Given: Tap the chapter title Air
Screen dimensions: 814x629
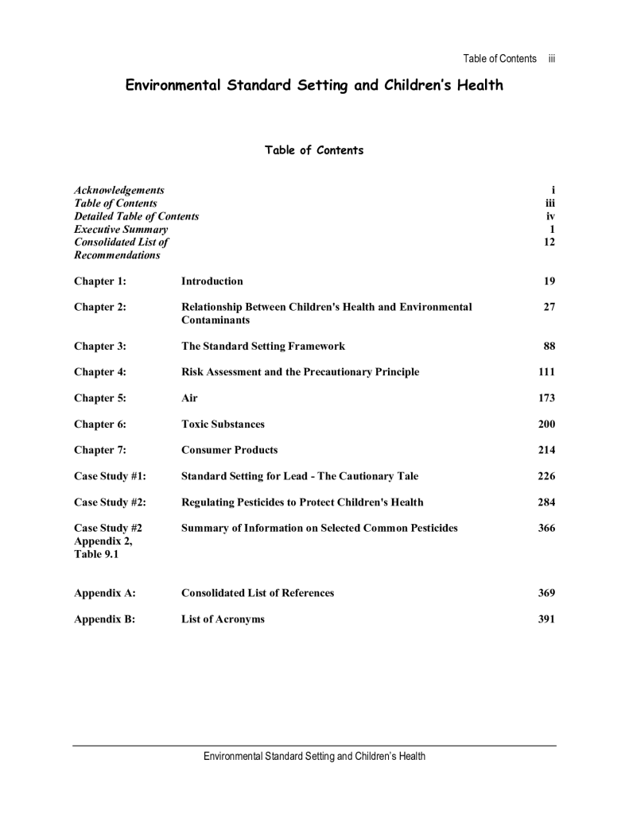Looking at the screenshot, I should point(189,398).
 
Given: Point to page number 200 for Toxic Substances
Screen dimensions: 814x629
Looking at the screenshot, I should point(546,424).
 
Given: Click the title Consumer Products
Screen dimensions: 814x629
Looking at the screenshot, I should point(230,451).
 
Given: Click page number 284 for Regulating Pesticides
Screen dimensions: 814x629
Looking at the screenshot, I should point(546,502).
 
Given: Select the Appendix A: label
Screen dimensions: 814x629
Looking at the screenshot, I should point(104,593).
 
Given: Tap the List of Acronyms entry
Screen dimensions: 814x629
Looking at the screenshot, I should point(223,619).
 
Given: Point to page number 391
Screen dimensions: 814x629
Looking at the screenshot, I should point(546,619).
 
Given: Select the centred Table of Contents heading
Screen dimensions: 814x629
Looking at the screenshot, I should point(314,150).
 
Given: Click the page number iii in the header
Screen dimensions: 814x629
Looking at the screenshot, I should point(551,59).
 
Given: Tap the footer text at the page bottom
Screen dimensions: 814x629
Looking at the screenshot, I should point(314,756).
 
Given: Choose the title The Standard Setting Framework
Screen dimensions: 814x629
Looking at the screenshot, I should point(263,347).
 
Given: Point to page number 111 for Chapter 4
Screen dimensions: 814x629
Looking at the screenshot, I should point(546,372).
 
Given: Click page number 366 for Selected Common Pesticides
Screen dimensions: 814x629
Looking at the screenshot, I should point(546,529).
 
